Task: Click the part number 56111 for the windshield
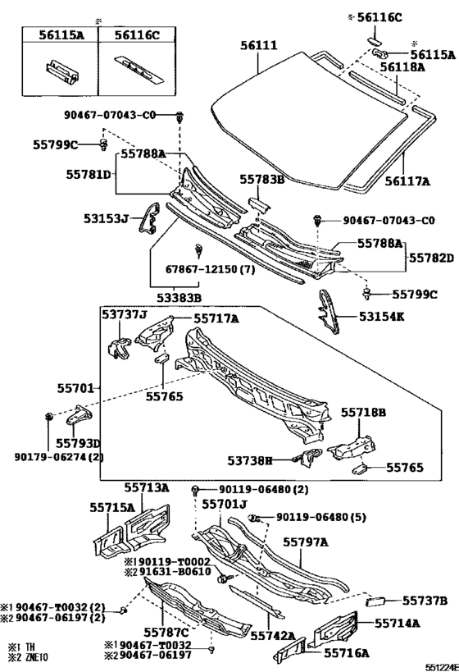[258, 45]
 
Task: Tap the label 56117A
[407, 181]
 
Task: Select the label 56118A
[402, 66]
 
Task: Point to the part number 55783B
[262, 179]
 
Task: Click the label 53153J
[107, 219]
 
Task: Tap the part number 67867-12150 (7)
[210, 270]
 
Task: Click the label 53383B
[179, 297]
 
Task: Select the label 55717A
[216, 318]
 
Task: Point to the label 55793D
[78, 443]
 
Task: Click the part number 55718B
[363, 412]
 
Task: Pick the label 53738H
[250, 460]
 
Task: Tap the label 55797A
[305, 542]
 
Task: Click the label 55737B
[425, 601]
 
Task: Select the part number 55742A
[273, 636]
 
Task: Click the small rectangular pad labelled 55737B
[376, 601]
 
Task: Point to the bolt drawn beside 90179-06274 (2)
[49, 415]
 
